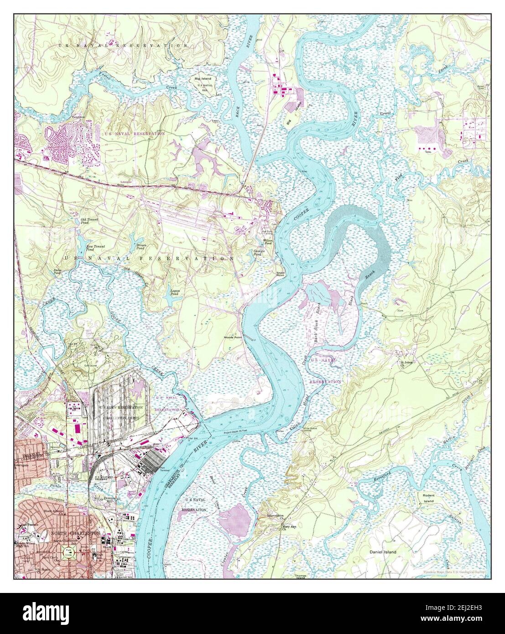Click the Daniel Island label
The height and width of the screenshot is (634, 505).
click(383, 552)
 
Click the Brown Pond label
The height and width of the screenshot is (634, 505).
click(141, 247)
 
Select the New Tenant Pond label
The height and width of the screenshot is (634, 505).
click(96, 248)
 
